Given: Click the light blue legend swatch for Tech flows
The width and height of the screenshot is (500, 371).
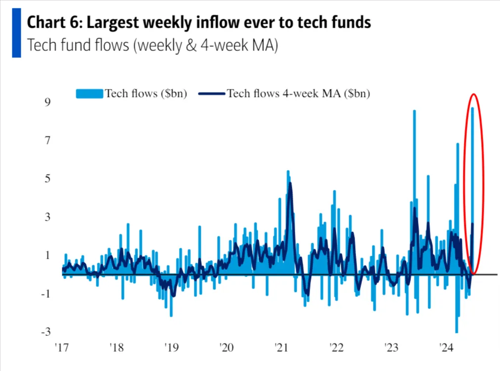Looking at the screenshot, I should (x=89, y=93).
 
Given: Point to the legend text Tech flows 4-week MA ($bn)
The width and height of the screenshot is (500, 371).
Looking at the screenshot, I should (x=298, y=93).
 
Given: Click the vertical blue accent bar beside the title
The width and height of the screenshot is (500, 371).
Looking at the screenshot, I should (x=16, y=33).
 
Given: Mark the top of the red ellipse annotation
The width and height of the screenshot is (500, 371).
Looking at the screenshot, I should (x=474, y=94).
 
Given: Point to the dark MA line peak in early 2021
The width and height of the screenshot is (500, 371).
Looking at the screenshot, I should (x=290, y=184).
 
